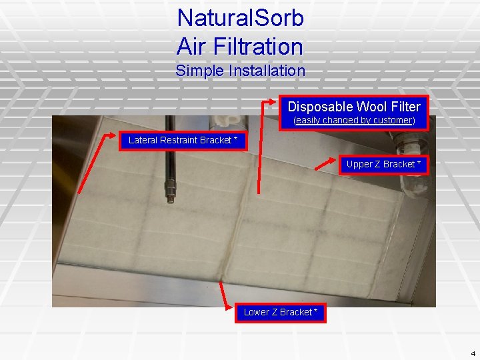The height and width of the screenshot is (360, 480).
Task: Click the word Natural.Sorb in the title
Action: tap(240, 18)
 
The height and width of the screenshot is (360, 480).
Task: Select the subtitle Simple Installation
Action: tap(240, 71)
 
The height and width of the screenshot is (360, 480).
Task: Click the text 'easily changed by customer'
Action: tap(355, 121)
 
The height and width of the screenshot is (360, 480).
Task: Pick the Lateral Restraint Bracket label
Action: tap(182, 140)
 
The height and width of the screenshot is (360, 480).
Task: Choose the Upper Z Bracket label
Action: tap(383, 164)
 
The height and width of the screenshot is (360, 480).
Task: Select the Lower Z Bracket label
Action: tap(281, 312)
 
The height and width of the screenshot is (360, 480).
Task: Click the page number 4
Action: tap(472, 353)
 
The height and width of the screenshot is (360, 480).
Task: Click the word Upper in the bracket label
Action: tap(359, 164)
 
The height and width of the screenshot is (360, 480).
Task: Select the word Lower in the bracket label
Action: tap(257, 312)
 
